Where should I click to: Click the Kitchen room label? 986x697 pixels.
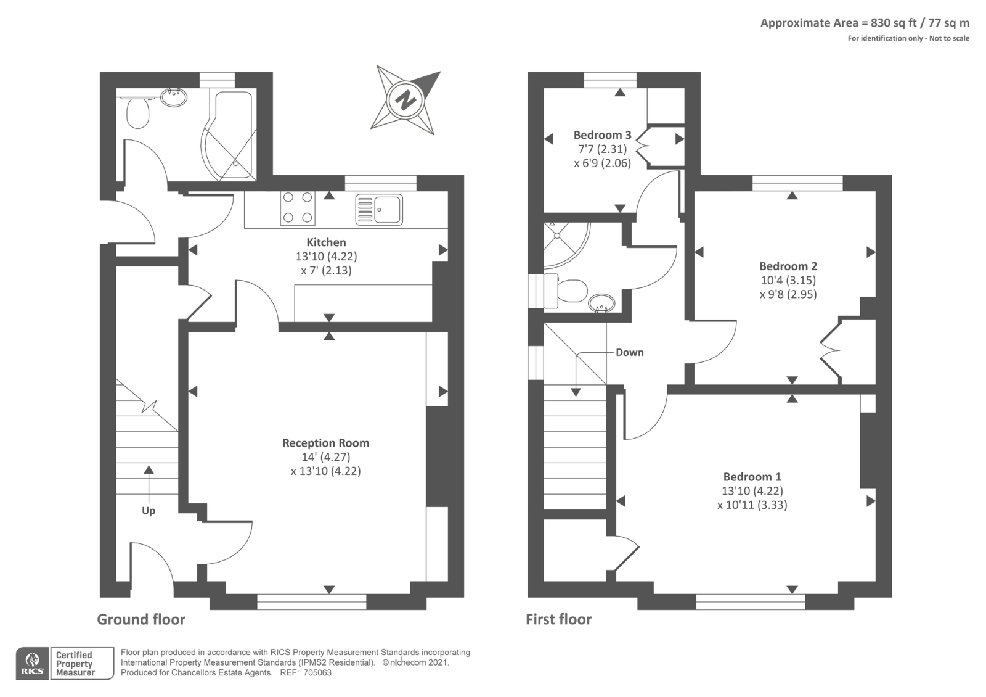326,242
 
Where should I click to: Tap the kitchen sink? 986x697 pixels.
379,210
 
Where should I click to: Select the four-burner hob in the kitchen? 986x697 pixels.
298,207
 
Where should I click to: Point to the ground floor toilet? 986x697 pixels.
138,112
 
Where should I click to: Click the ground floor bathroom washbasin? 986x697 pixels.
174,97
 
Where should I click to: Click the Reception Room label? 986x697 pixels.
326,443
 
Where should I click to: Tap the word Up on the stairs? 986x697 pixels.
149,511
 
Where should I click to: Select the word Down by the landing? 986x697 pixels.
629,352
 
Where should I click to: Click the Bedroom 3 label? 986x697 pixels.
602,135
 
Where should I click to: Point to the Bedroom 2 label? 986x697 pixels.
788,266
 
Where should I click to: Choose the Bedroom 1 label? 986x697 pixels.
752,477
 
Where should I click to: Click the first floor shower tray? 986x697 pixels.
565,244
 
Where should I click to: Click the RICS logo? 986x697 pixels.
33,664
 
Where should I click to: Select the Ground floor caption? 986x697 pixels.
141,619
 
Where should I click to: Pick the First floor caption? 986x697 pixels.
558,619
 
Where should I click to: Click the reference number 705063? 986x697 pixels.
317,673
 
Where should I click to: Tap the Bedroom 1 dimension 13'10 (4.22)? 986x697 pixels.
752,491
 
